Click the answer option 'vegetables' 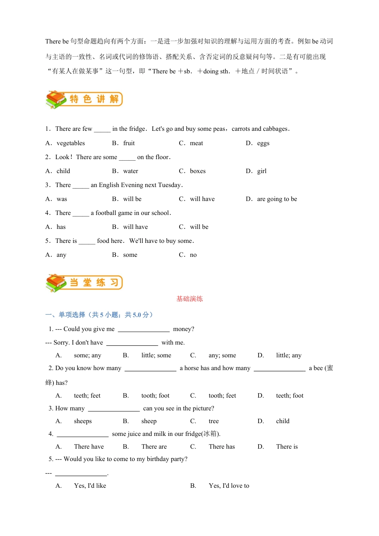(71, 143)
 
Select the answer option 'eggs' (263, 143)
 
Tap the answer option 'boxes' (198, 171)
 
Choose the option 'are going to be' (277, 199)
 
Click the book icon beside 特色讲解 (56, 99)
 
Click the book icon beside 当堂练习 (56, 283)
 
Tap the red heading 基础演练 (189, 299)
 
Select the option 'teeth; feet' (87, 396)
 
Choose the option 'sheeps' (83, 421)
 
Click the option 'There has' (221, 447)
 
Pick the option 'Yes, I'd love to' (229, 486)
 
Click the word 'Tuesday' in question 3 (170, 185)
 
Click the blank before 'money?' (144, 329)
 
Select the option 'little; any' (288, 355)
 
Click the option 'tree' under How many (213, 421)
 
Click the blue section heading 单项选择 (72, 315)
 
